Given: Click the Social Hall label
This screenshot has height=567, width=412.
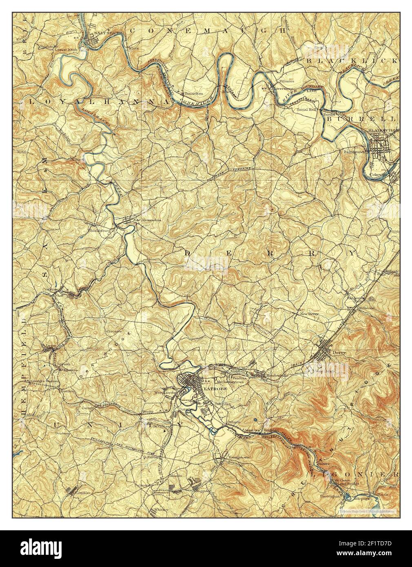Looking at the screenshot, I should (307, 110).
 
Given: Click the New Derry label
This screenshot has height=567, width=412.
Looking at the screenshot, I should (309, 314).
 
